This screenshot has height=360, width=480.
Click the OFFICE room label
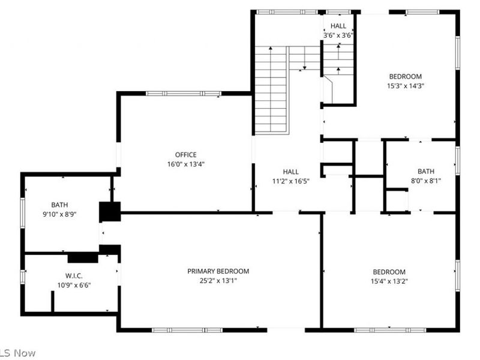coord(186,155)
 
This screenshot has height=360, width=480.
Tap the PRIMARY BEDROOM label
coord(218,271)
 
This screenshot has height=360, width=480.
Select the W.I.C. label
coord(74,276)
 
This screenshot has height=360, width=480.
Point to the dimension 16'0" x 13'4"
coord(186,164)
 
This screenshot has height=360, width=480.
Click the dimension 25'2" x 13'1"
coord(218,281)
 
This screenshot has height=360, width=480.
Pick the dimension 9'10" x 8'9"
coord(59,214)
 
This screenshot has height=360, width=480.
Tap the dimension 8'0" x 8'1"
coord(426,181)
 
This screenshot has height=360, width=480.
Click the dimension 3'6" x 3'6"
coord(338,35)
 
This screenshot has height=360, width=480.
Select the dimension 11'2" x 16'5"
coord(291,181)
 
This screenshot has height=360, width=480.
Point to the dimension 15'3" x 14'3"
coord(406,86)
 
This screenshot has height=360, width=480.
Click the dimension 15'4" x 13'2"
coord(389,281)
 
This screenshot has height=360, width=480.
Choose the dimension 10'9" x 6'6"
coord(74,286)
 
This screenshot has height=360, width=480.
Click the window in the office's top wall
coord(184,94)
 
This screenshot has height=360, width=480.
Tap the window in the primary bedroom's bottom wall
coord(187,331)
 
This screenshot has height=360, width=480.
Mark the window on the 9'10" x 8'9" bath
coord(22,213)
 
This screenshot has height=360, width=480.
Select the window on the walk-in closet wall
coord(22,277)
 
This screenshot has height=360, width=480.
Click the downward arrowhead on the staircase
coord(305,68)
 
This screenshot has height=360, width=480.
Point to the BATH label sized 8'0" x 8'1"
coord(426,171)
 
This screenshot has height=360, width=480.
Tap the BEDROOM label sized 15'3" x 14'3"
coord(406,77)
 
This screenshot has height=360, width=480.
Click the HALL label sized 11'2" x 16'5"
coord(291,172)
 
